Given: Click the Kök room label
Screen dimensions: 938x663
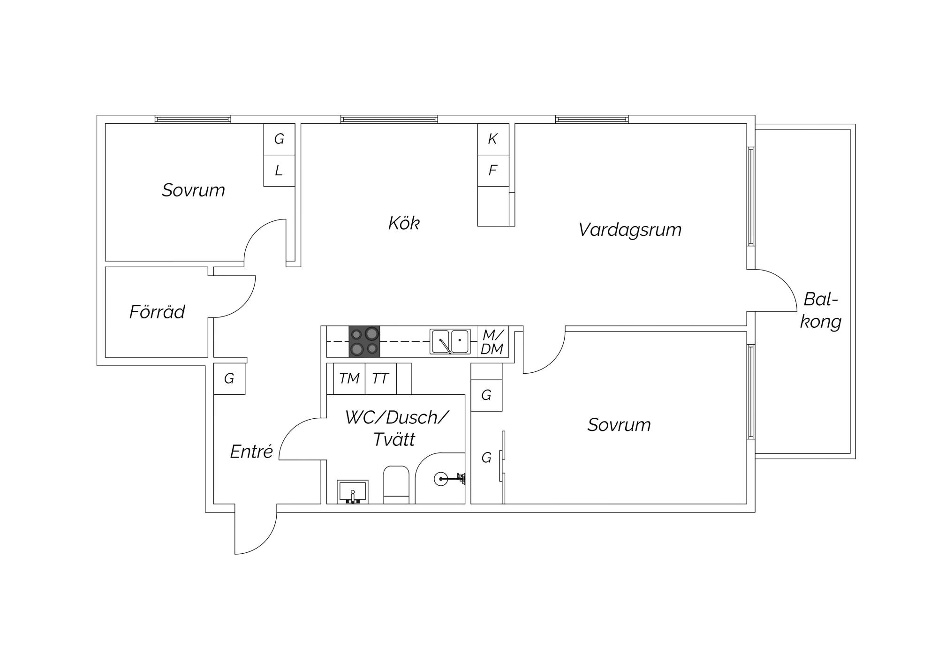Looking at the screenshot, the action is pos(404,223).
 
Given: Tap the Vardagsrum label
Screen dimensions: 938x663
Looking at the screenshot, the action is pos(630,230).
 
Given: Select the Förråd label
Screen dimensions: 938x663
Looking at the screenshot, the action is pos(157,312).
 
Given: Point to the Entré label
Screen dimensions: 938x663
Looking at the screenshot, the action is pos(251,452).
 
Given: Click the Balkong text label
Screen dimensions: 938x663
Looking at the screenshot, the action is pos(821,310).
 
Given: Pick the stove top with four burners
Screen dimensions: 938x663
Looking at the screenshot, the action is pos(364,341).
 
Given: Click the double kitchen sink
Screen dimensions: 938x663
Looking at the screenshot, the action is pos(450,341).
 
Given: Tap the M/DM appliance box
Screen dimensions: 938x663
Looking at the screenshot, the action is pos(492,341).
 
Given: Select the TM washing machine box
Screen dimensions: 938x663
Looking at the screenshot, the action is pos(349,378).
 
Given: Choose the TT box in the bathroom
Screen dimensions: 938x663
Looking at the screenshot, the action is pos(381,378).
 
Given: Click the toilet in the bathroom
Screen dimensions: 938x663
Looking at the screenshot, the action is pos(396,485).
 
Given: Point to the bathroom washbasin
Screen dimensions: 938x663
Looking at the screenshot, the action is pos(353,492).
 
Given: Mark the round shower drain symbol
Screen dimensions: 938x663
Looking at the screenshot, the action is pos(440,479).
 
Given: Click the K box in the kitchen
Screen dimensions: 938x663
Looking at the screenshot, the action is pos(493,139).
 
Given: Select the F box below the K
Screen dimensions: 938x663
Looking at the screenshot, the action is pos(493,171).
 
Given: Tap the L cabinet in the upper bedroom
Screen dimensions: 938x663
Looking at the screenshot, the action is pos(279,171).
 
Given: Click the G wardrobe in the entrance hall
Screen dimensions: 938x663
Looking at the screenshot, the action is pos(229,378).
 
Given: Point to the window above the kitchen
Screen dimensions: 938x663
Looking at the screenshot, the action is pos(389,119).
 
